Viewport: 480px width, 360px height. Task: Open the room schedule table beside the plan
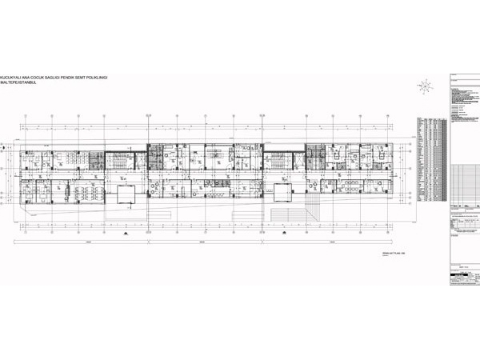click(x=428, y=160)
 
